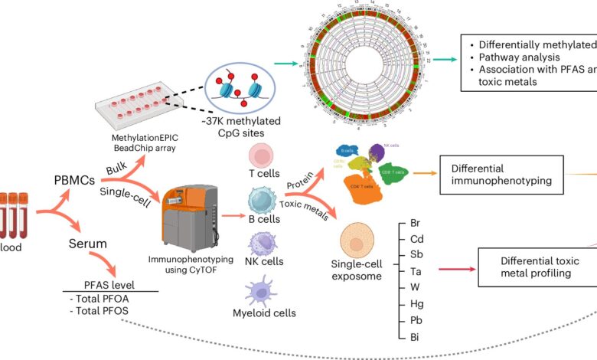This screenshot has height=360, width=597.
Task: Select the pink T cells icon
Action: pyautogui.click(x=260, y=157)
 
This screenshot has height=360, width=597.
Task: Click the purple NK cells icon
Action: pyautogui.click(x=260, y=247)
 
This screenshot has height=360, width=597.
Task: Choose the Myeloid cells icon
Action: pyautogui.click(x=260, y=293)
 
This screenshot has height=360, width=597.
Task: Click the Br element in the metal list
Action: pyautogui.click(x=416, y=222)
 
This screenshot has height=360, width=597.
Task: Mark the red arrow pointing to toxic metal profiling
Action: pyautogui.click(x=452, y=270)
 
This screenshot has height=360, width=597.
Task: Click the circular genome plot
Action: pyautogui.click(x=360, y=64)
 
